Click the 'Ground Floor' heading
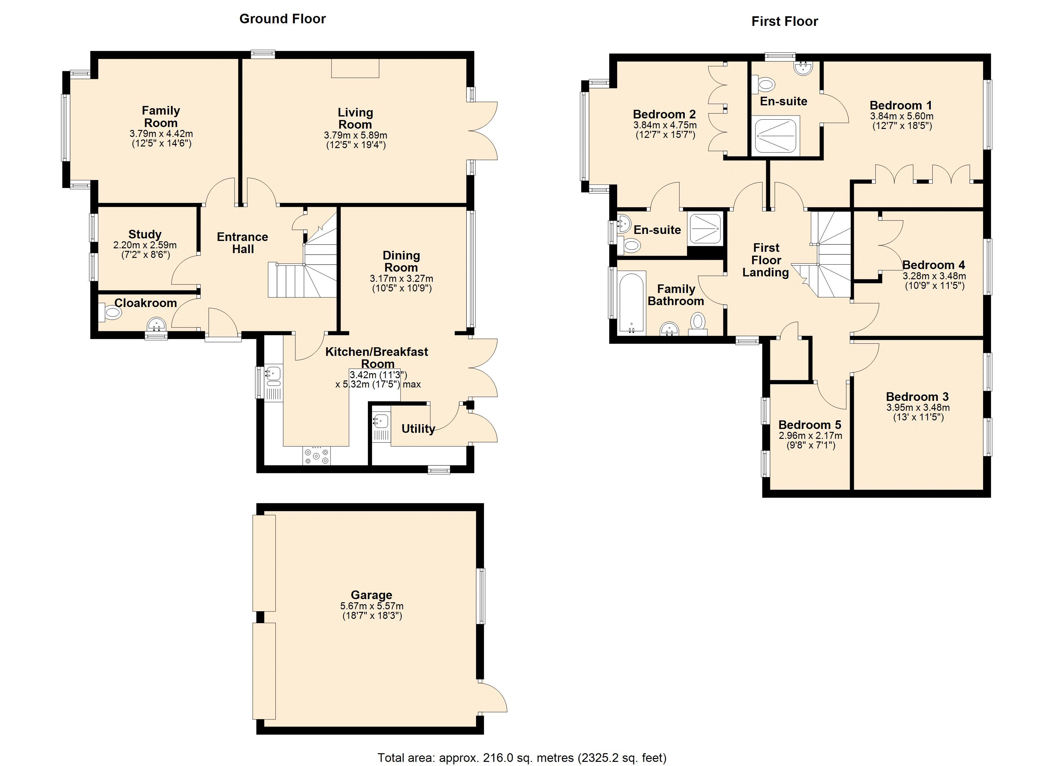pyautogui.click(x=282, y=19)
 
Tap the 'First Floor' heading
pyautogui.click(x=785, y=21)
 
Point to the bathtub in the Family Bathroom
pyautogui.click(x=631, y=302)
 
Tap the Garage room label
pyautogui.click(x=371, y=595)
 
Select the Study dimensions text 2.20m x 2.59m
pyautogui.click(x=145, y=245)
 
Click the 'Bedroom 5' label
pyautogui.click(x=810, y=424)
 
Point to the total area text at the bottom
pyautogui.click(x=522, y=758)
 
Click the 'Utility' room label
pyautogui.click(x=418, y=429)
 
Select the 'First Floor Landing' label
pyautogui.click(x=766, y=260)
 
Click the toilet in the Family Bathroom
pyautogui.click(x=698, y=324)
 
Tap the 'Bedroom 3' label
pyautogui.click(x=917, y=397)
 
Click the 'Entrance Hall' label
pyautogui.click(x=243, y=243)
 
